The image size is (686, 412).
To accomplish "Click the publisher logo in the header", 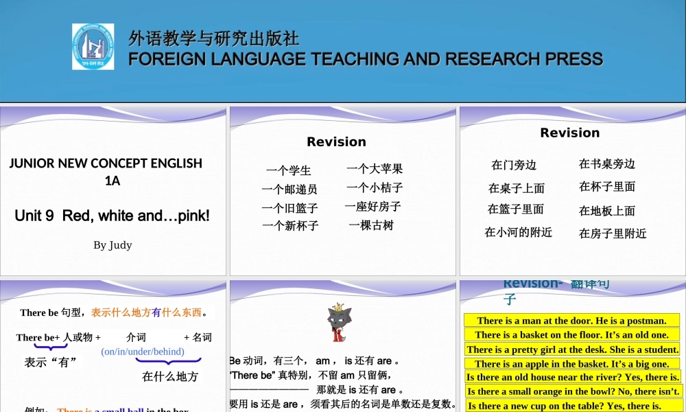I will pyautogui.click(x=93, y=47).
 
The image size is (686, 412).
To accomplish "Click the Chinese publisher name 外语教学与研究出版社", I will pyautogui.click(x=213, y=38).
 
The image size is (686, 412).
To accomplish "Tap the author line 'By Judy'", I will pyautogui.click(x=113, y=245).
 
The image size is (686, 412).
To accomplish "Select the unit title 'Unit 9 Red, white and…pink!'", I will pyautogui.click(x=112, y=216).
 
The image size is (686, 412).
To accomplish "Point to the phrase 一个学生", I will pyautogui.click(x=289, y=170).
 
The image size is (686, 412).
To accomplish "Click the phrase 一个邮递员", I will pyautogui.click(x=289, y=189).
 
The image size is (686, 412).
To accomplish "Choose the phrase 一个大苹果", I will pyautogui.click(x=375, y=168).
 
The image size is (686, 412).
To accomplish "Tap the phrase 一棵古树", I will pyautogui.click(x=371, y=225).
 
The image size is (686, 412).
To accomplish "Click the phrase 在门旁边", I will pyautogui.click(x=514, y=165).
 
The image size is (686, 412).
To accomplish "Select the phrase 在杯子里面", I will pyautogui.click(x=607, y=186).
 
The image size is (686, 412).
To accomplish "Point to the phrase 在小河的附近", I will pyautogui.click(x=518, y=232).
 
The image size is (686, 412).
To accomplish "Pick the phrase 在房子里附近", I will pyautogui.click(x=613, y=233).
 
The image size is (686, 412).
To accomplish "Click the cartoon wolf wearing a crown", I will pyautogui.click(x=336, y=323).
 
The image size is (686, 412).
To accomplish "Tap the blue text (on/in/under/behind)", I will pyautogui.click(x=143, y=352).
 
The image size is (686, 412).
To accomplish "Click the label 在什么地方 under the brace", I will pyautogui.click(x=170, y=376).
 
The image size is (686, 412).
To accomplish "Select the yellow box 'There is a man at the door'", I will pyautogui.click(x=571, y=321).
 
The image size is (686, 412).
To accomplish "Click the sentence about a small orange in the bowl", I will pyautogui.click(x=573, y=391).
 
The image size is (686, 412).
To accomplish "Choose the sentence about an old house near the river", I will pyautogui.click(x=573, y=377).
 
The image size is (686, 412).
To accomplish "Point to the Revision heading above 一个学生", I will pyautogui.click(x=336, y=142).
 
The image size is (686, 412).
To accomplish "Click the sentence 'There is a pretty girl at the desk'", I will pyautogui.click(x=573, y=350).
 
